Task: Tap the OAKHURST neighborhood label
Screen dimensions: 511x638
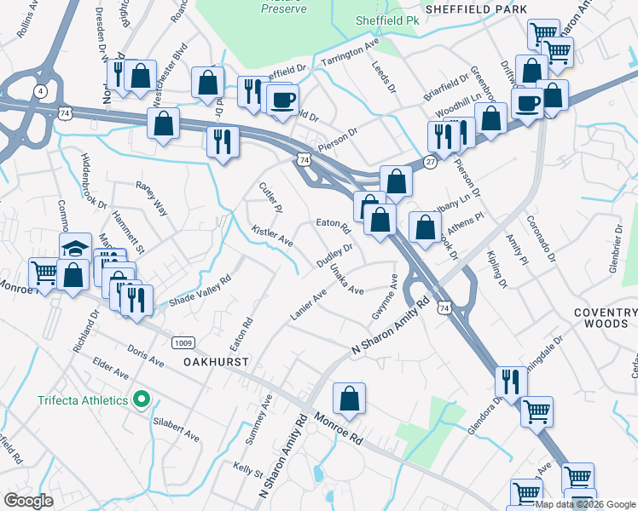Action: pos(216,362)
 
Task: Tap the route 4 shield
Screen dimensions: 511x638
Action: pos(40,90)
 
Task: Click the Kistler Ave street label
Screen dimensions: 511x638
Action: pos(272,237)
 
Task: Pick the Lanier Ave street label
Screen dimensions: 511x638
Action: pos(308,305)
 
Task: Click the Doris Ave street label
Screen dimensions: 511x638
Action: pos(144,357)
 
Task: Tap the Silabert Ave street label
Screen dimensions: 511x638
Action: pos(176,426)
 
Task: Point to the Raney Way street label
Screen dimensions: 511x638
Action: pos(154,197)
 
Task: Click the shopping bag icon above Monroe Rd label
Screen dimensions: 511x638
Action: pos(350,398)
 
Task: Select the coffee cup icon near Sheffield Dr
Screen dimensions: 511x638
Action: pos(281,99)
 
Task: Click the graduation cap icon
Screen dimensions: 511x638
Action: pos(76,248)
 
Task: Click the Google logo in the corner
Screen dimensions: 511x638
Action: pos(29,501)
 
